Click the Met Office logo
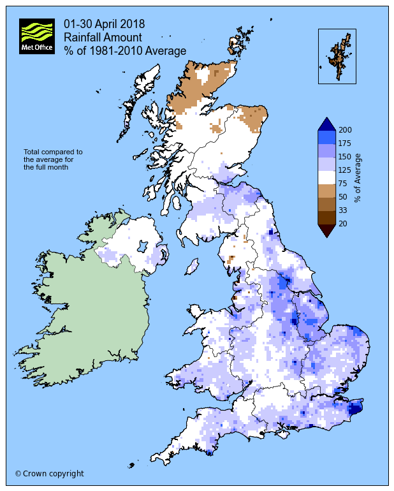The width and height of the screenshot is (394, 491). (x=36, y=36)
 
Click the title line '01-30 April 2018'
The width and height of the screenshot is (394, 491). (x=104, y=24)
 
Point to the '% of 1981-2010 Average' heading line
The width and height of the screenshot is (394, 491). (x=125, y=51)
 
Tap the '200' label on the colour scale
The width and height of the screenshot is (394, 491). (x=346, y=130)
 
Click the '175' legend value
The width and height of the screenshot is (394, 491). (x=346, y=143)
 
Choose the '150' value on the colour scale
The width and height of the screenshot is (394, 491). (x=346, y=157)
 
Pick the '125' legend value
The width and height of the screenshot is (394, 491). (x=346, y=170)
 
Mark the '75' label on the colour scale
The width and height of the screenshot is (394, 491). (x=344, y=184)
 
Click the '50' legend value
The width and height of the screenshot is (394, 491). (x=344, y=197)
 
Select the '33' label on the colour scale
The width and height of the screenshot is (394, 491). (x=344, y=210)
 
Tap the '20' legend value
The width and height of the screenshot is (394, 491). (x=344, y=224)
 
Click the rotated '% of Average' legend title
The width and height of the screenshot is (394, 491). (x=359, y=177)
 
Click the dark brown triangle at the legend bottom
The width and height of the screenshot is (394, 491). (x=326, y=231)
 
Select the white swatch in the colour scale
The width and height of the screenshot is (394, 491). (x=326, y=177)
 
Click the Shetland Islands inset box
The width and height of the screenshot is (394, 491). (x=337, y=56)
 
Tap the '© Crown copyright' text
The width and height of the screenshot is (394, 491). (x=49, y=474)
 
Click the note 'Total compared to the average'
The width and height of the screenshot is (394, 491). (x=54, y=159)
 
